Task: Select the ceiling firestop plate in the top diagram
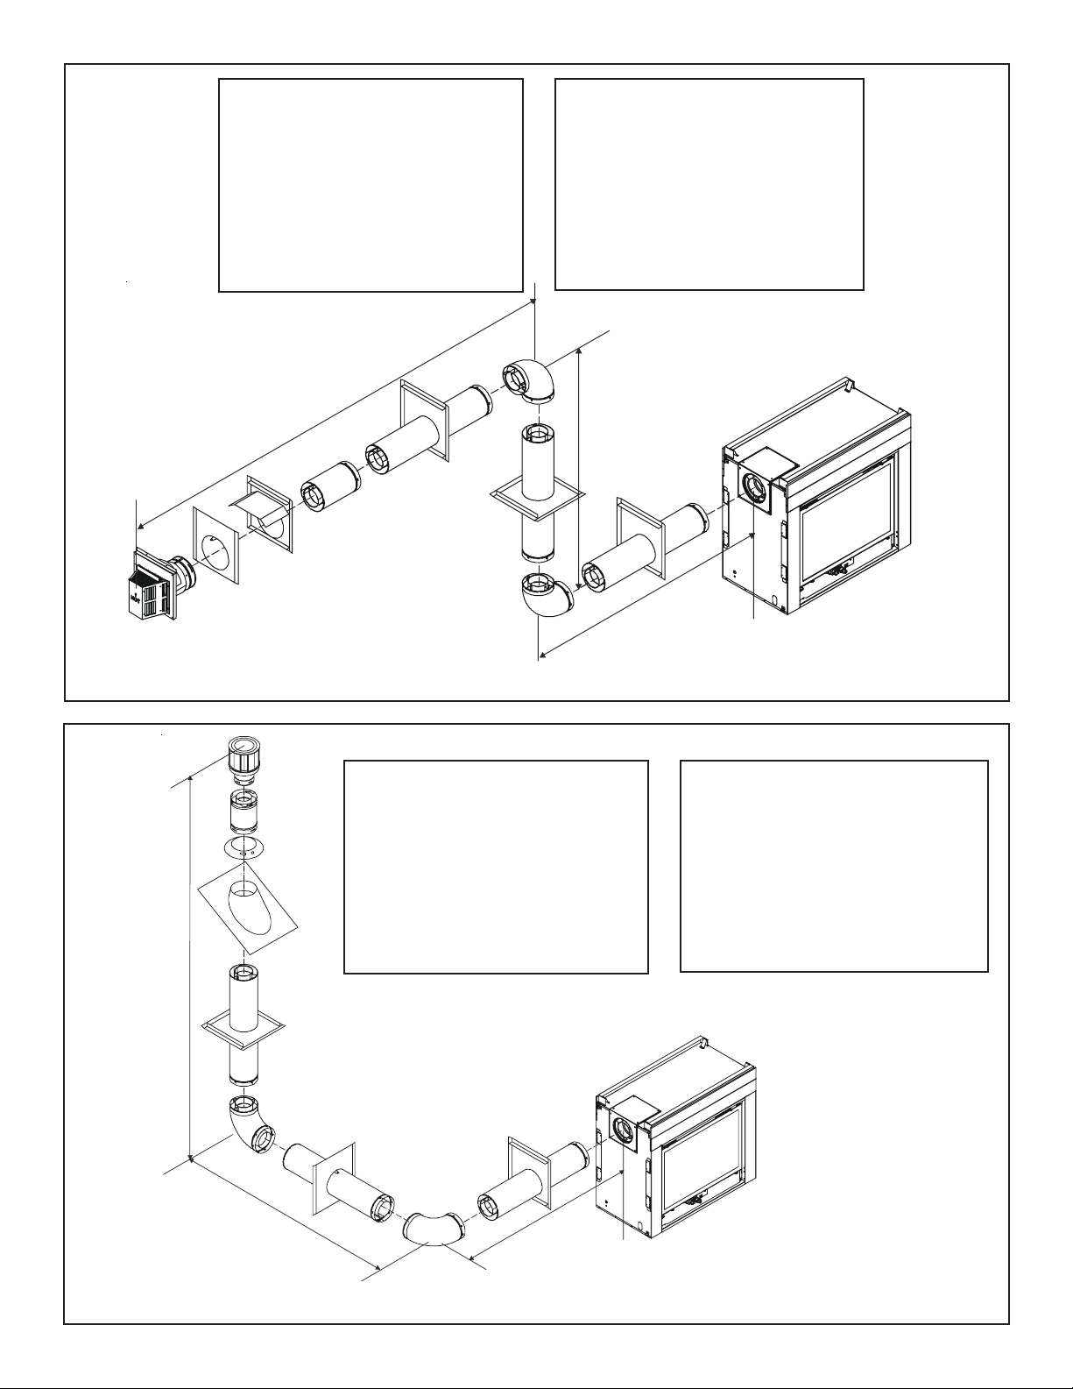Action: (536, 494)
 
